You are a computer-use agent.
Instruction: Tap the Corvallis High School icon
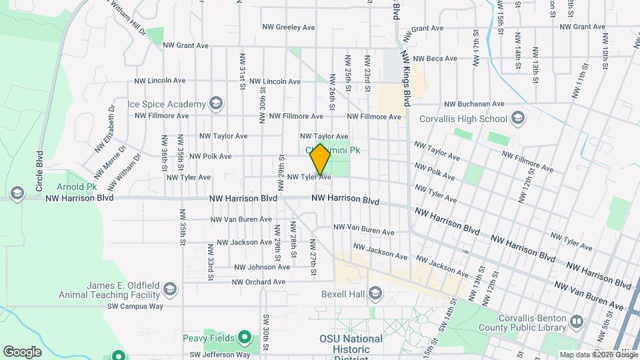[518, 119]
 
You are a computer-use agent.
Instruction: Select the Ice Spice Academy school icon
[215, 104]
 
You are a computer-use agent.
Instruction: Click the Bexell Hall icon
[375, 294]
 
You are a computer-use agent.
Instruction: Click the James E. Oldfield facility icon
[170, 289]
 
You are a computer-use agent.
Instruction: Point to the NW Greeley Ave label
[288, 27]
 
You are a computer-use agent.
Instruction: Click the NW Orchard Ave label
[259, 282]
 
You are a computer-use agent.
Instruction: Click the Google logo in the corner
[22, 351]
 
